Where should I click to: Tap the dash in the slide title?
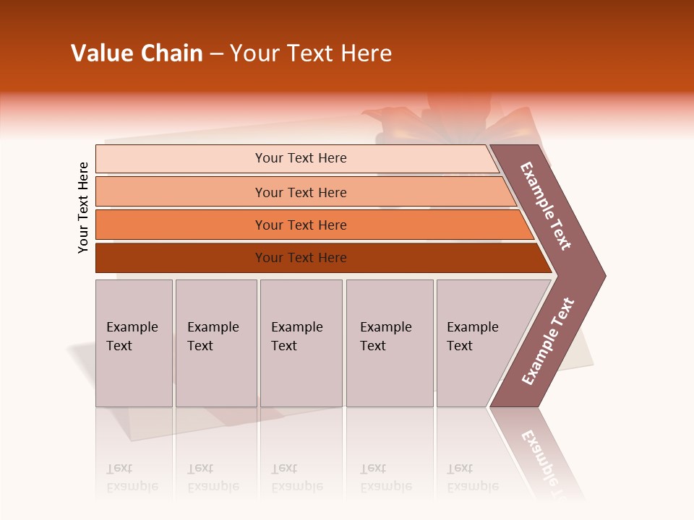(x=216, y=54)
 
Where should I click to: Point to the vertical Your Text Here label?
(x=83, y=207)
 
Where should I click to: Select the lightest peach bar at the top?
(x=296, y=159)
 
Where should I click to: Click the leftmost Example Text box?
(x=134, y=343)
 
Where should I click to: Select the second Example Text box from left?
(x=215, y=343)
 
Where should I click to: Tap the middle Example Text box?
(x=301, y=343)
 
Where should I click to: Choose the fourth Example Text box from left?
(x=390, y=343)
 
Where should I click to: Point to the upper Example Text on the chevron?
(x=546, y=206)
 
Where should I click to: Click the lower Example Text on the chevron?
(x=547, y=342)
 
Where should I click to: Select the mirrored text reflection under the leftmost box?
(x=132, y=477)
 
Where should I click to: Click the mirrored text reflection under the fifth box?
(x=473, y=477)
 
